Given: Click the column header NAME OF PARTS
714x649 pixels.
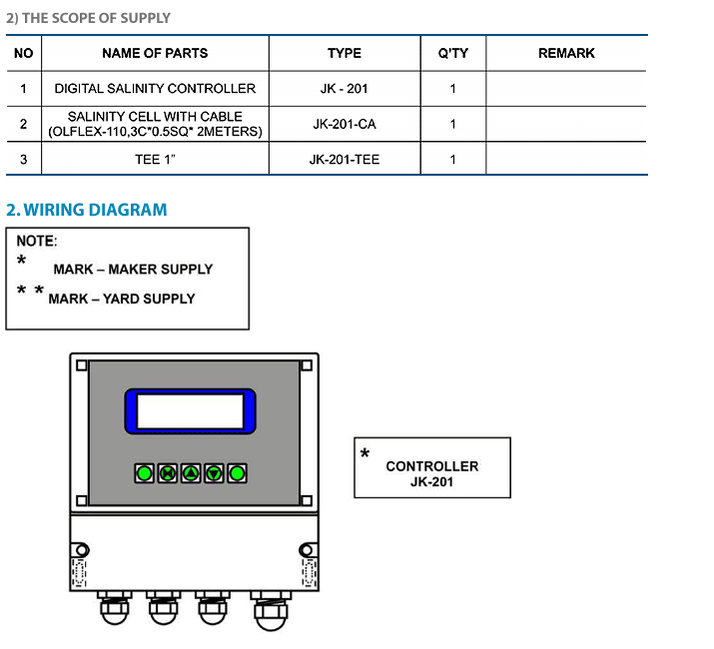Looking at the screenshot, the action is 155,53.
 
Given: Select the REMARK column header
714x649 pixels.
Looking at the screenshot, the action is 566,53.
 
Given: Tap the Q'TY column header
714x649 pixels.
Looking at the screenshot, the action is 453,53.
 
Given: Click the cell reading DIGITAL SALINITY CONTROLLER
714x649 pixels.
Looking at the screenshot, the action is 155,88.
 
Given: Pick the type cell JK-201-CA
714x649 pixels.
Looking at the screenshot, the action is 345,124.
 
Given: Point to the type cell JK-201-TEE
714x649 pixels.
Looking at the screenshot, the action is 345,160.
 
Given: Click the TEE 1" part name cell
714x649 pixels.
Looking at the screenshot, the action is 155,160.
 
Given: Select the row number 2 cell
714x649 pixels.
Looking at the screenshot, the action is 24,124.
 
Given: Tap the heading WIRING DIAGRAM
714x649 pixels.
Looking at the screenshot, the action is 95,210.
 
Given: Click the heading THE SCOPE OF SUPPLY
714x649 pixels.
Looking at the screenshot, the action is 96,18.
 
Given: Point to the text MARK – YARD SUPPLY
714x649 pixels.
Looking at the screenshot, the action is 122,299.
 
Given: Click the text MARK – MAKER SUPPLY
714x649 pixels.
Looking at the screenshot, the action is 133,270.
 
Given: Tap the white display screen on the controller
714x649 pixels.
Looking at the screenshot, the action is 191,411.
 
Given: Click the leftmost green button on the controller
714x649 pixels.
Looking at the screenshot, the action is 145,473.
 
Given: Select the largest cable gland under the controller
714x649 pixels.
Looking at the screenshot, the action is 271,611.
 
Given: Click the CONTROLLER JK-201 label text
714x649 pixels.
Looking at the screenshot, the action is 432,473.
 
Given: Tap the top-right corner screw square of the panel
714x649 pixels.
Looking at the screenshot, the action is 307,365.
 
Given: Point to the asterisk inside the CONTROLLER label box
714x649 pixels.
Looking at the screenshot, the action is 364,452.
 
